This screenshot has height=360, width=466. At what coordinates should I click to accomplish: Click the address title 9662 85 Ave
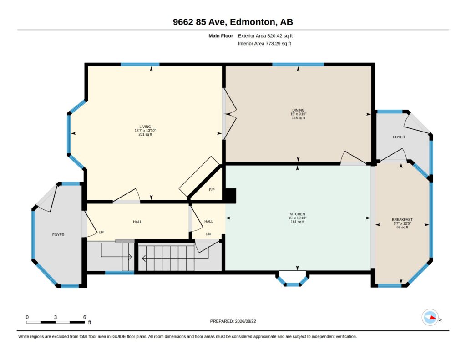point(200,22)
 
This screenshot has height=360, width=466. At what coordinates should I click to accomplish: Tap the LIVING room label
point(145,127)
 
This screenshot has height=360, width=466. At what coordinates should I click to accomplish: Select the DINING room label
point(298,110)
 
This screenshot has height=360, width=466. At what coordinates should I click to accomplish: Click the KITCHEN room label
point(297,214)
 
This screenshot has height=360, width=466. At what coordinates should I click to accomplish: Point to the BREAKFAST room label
point(402,220)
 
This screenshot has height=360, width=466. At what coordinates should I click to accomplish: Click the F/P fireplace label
point(212,190)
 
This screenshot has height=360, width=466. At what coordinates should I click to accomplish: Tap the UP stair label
point(101,232)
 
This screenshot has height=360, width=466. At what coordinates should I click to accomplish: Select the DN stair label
point(208,234)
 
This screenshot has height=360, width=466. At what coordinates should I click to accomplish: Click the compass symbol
point(430,318)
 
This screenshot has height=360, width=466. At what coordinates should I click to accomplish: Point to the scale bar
point(56,322)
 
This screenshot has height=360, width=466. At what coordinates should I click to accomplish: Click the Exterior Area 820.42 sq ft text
point(265,36)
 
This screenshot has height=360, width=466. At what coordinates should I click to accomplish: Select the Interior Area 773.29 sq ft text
point(264,43)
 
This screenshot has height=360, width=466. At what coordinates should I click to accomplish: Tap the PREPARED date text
point(233,321)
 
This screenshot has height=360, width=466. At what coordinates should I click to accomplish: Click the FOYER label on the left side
point(58,235)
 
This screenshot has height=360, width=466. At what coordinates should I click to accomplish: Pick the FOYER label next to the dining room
point(399,137)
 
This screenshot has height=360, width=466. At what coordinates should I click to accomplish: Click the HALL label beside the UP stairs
point(137,222)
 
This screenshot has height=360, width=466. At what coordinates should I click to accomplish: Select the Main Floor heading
point(221,36)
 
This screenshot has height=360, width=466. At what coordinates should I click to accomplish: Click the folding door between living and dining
point(229,114)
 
